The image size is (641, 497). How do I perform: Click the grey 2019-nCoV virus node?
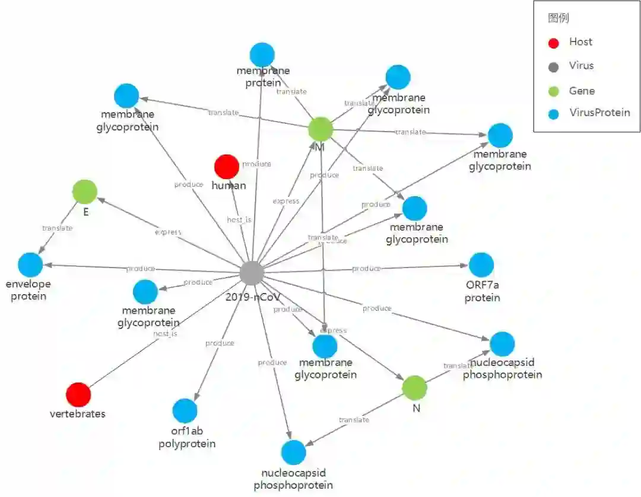pyautogui.click(x=252, y=273)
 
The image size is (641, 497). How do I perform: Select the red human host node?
pyautogui.click(x=226, y=167)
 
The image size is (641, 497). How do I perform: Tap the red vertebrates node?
pyautogui.click(x=78, y=395)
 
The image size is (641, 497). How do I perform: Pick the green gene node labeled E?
pyautogui.click(x=85, y=192)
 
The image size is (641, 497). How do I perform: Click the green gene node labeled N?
pyautogui.click(x=414, y=388)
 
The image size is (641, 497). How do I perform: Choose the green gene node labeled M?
pyautogui.click(x=320, y=129)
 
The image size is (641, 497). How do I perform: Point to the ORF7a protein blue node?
pyautogui.click(x=481, y=265)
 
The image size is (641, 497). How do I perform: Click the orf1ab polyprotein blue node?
pyautogui.click(x=185, y=411)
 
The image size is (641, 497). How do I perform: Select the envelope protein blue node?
pyautogui.click(x=30, y=265)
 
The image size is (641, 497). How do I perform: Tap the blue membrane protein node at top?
pyautogui.click(x=262, y=55)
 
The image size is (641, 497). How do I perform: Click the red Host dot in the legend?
pyautogui.click(x=554, y=43)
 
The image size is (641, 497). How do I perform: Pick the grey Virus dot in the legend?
pyautogui.click(x=554, y=66)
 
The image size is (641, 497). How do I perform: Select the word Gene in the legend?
pyautogui.click(x=582, y=91)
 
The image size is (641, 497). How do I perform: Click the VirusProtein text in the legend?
pyautogui.click(x=599, y=113)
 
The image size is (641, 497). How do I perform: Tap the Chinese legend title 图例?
pyautogui.click(x=558, y=18)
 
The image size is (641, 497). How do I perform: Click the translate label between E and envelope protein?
pyautogui.click(x=58, y=228)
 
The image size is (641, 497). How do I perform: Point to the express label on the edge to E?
pyautogui.click(x=168, y=232)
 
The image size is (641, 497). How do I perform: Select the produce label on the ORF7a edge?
pyautogui.click(x=366, y=269)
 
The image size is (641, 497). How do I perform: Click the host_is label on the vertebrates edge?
pyautogui.click(x=166, y=334)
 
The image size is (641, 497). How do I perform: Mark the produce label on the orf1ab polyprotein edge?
pyautogui.click(x=220, y=343)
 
